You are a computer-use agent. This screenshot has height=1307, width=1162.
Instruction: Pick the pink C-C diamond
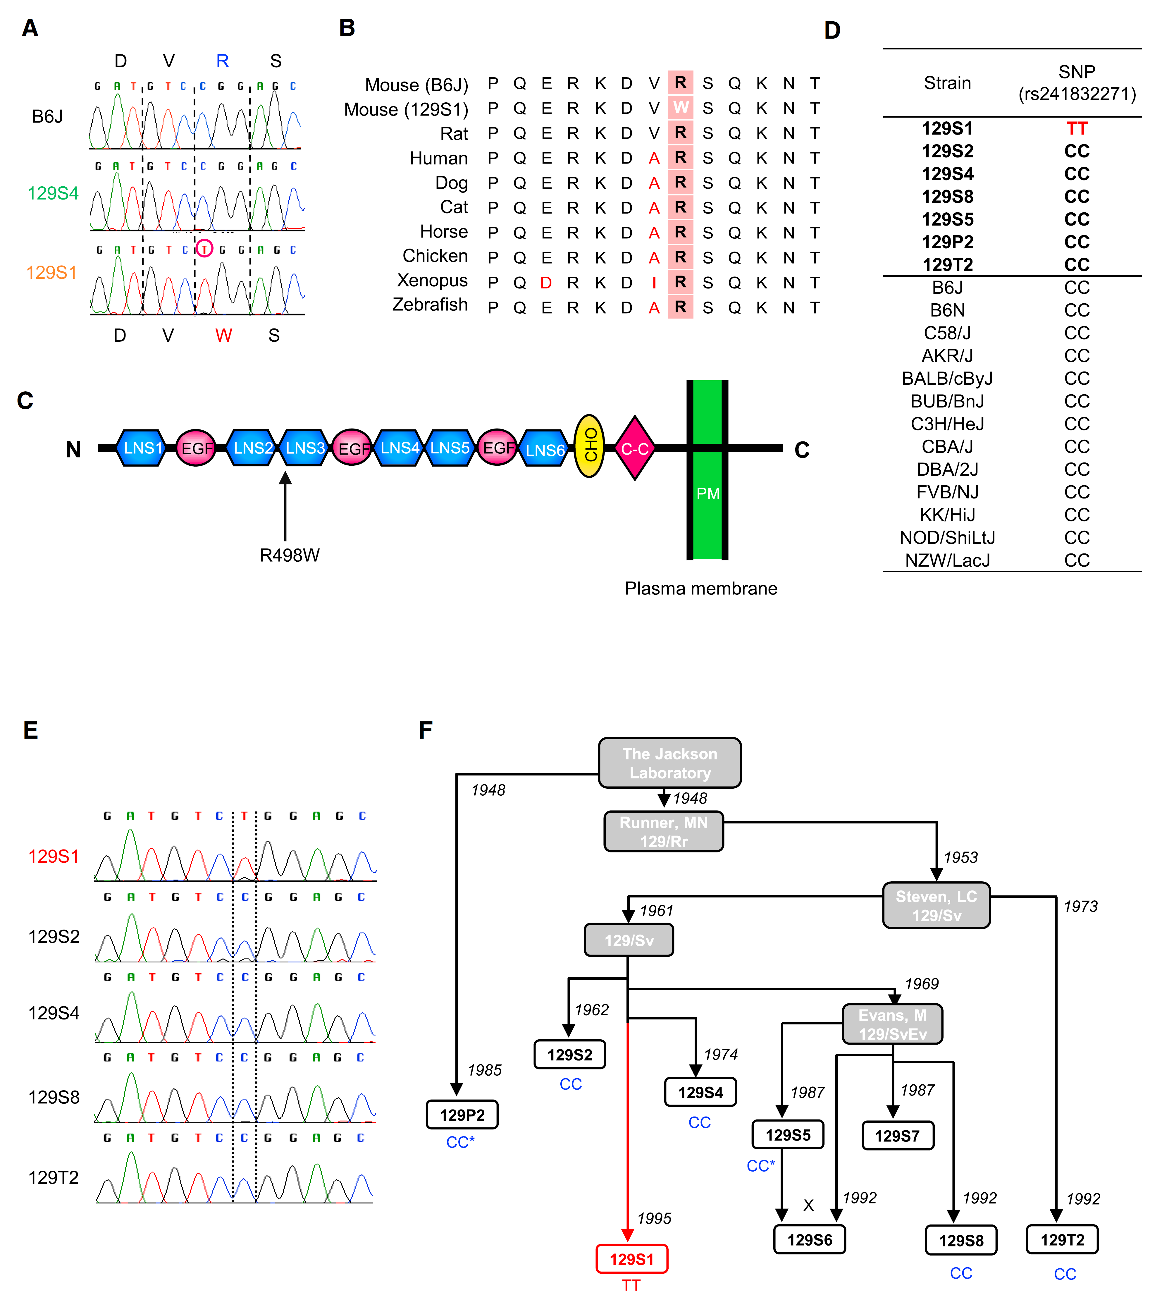pyautogui.click(x=635, y=448)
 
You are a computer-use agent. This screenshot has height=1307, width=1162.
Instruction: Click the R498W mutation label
pyautogui.click(x=289, y=555)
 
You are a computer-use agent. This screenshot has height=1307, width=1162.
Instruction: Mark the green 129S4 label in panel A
pyautogui.click(x=53, y=193)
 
